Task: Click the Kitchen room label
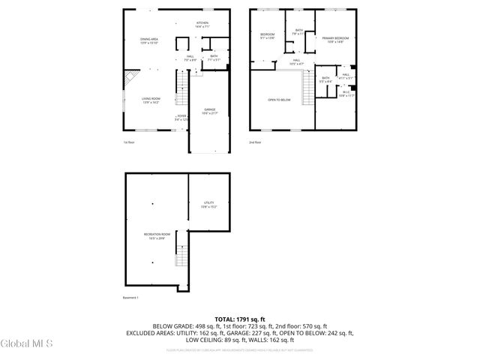tap(202, 24)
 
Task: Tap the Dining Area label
tap(148, 40)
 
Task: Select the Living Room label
tap(151, 100)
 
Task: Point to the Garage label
tap(210, 112)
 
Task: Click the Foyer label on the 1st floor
tap(181, 118)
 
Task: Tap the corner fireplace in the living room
tap(132, 77)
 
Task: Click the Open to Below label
tap(279, 100)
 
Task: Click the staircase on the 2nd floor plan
tap(306, 91)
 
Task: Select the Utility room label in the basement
tap(209, 204)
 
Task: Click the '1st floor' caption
tap(130, 142)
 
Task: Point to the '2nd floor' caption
tap(256, 142)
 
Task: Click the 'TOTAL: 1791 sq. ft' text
tap(239, 319)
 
